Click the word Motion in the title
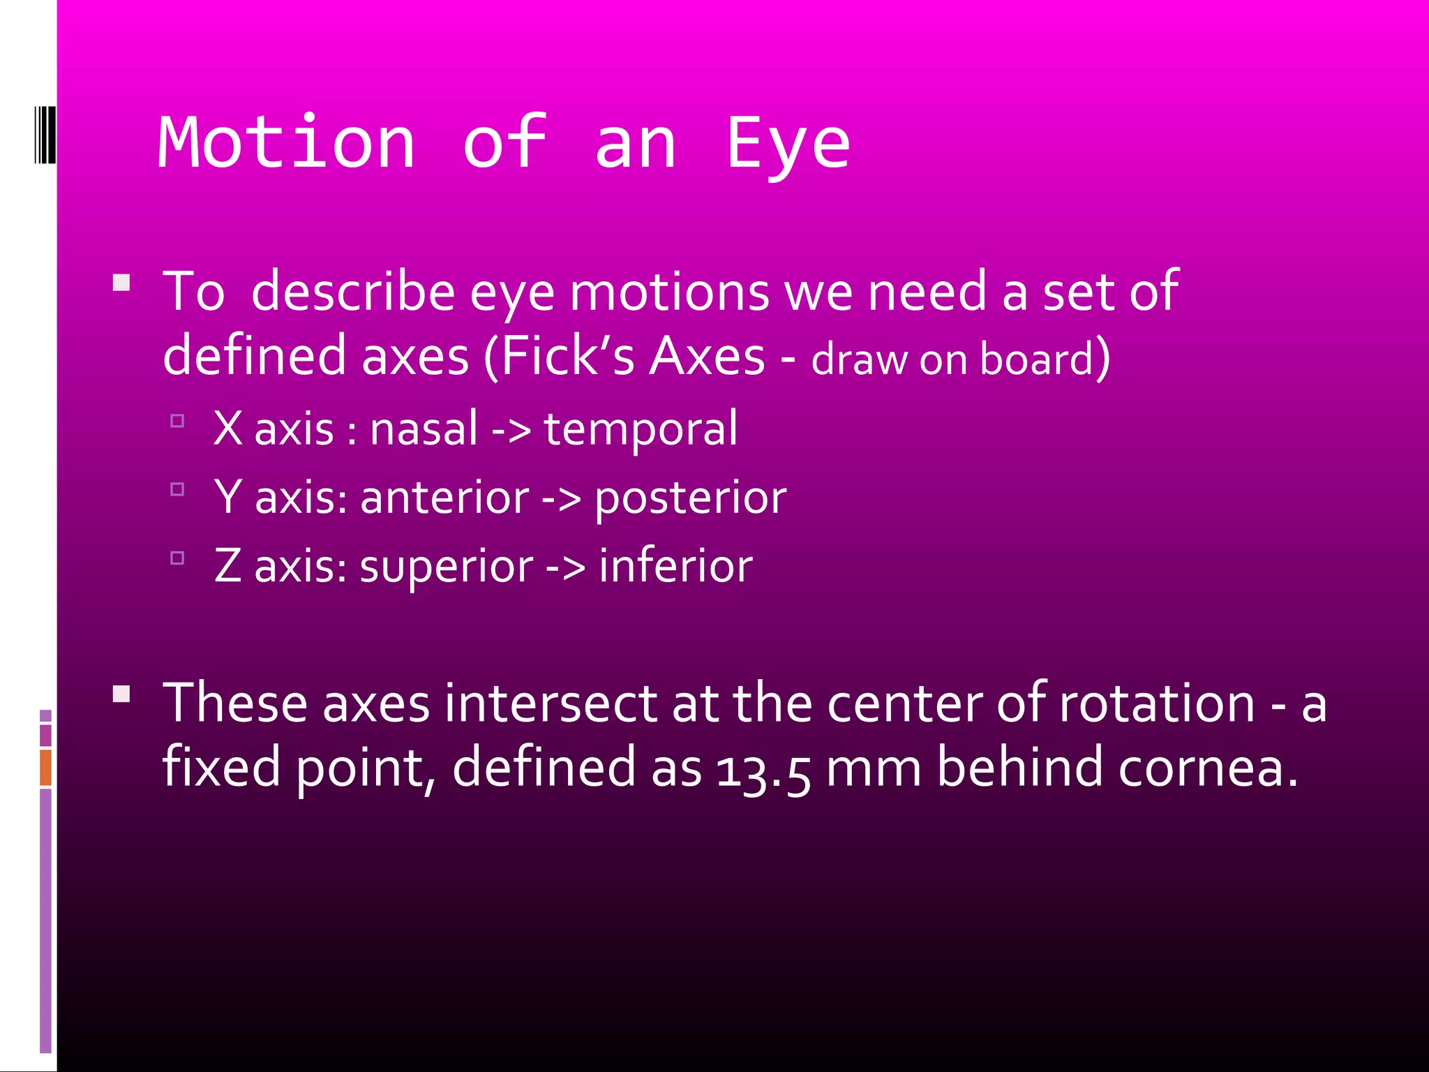tap(287, 143)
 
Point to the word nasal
tap(424, 428)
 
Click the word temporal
tap(641, 429)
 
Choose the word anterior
tap(444, 498)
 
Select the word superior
tap(446, 567)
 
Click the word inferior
tap(675, 565)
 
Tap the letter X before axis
tap(227, 428)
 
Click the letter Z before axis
tap(227, 565)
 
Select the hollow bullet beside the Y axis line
tap(177, 489)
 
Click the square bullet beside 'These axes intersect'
tap(121, 694)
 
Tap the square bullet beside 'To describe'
tap(121, 283)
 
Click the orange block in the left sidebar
tap(45, 767)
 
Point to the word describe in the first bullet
tap(353, 291)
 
